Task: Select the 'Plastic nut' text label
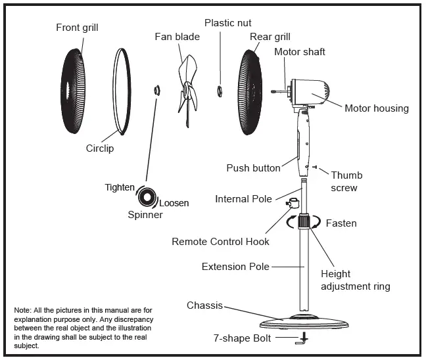(227, 23)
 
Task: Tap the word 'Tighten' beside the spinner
(119, 187)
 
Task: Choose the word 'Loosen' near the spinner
(174, 203)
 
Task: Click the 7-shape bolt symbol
(303, 339)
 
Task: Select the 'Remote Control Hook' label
(220, 242)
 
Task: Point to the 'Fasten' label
(341, 223)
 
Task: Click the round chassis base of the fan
(302, 323)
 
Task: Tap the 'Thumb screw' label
(346, 181)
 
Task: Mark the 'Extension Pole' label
(235, 267)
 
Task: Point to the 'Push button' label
(252, 168)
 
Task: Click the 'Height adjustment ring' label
(355, 280)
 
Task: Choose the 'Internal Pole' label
(243, 199)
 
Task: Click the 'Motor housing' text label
(376, 108)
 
